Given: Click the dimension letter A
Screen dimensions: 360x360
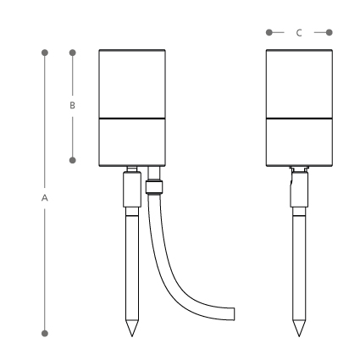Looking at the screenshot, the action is (x=45, y=198).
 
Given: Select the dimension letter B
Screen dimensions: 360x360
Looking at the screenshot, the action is (x=72, y=105).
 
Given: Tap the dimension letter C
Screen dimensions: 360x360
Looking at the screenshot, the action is (x=299, y=33).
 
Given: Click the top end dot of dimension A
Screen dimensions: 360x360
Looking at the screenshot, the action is (x=45, y=53).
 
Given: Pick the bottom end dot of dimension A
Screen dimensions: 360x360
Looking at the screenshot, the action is (x=45, y=334).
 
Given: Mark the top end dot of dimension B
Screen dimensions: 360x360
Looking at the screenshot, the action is (x=73, y=53).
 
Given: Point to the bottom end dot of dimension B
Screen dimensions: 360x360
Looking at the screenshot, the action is (x=73, y=160).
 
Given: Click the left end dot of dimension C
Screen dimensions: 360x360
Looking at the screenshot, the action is (x=269, y=32).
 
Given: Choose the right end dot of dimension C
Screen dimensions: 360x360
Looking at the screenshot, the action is (x=330, y=32).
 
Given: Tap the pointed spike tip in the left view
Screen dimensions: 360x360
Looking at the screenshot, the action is (x=132, y=336).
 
